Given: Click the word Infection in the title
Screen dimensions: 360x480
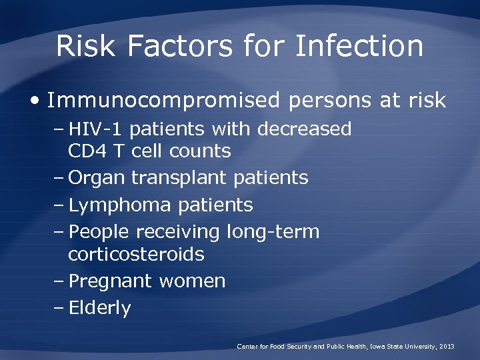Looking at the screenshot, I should pyautogui.click(x=359, y=47).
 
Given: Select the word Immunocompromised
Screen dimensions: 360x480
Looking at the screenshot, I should pyautogui.click(x=163, y=100).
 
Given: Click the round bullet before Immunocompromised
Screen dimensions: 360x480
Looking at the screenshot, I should pyautogui.click(x=35, y=101).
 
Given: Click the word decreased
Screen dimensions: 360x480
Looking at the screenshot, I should pyautogui.click(x=304, y=129).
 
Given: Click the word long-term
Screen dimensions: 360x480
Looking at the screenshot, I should pyautogui.click(x=273, y=232).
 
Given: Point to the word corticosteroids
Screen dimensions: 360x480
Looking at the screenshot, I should pyautogui.click(x=136, y=255).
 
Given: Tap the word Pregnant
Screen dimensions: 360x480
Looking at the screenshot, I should pyautogui.click(x=111, y=281).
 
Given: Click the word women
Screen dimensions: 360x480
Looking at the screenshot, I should pyautogui.click(x=192, y=281).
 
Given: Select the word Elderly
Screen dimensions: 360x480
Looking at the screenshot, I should pyautogui.click(x=100, y=308).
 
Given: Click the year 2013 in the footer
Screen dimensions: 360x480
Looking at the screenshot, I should pyautogui.click(x=446, y=347).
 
